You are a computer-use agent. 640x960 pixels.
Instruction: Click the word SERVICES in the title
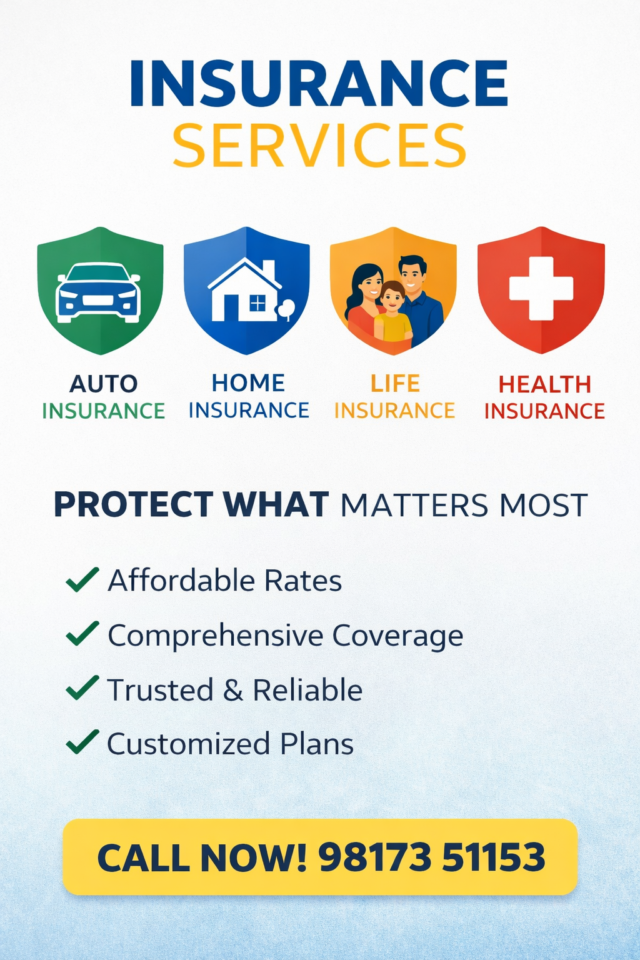pos(319,145)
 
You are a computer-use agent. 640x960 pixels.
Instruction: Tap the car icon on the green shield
pos(99,293)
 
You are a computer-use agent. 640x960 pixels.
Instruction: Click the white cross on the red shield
pos(541,288)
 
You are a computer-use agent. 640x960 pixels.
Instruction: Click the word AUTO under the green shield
pos(103,384)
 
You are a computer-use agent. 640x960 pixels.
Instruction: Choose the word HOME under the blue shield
pos(249,382)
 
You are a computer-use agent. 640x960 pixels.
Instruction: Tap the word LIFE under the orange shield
pos(395,384)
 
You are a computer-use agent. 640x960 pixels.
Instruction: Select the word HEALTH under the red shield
pos(545,384)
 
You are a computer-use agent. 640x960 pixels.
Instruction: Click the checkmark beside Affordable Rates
pos(82,579)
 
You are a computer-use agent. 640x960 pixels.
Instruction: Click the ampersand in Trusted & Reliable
pos(232,691)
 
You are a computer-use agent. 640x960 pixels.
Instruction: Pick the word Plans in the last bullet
pos(317,744)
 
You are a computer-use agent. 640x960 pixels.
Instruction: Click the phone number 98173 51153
pos(432,857)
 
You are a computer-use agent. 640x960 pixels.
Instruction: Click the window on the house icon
pos(257,303)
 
